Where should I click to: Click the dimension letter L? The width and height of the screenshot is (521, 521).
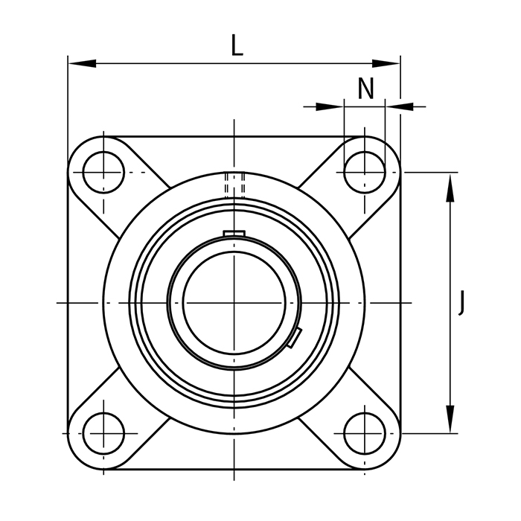click(237, 45)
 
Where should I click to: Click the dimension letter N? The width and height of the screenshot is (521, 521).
click(365, 89)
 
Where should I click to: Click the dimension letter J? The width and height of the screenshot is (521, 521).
click(461, 302)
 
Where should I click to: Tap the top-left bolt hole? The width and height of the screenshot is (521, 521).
click(103, 173)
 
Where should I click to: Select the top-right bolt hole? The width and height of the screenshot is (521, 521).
click(365, 173)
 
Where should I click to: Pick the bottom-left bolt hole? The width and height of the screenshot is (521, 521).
click(103, 433)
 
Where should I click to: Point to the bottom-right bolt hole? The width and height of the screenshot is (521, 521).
click(365, 433)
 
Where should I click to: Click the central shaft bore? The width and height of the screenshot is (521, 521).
click(234, 303)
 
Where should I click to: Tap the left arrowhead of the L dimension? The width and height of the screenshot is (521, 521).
click(82, 63)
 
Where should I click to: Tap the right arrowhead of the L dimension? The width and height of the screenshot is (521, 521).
click(386, 63)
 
